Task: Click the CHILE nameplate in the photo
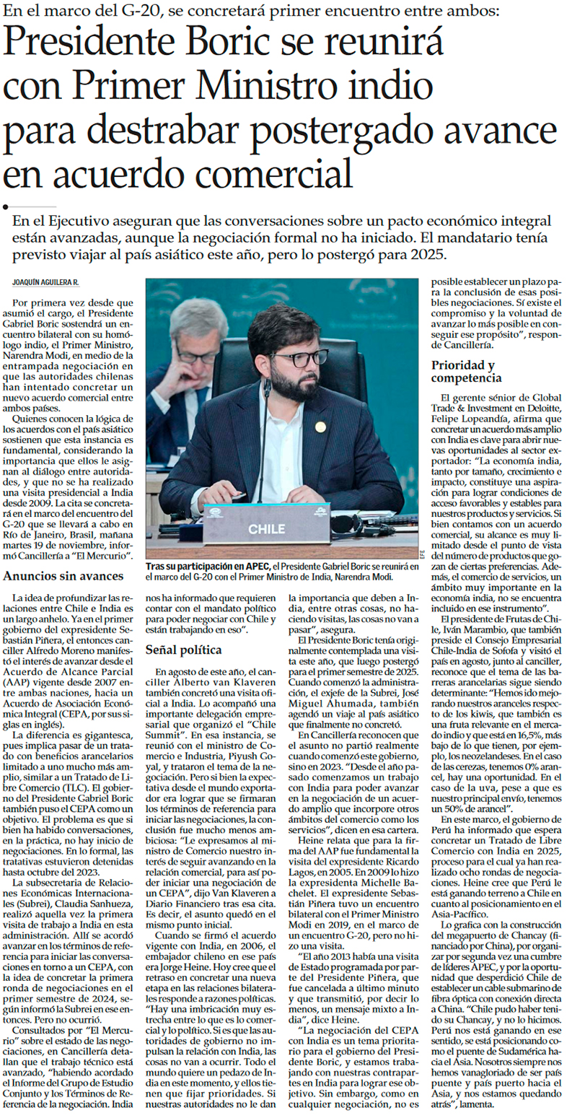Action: click(x=267, y=529)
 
